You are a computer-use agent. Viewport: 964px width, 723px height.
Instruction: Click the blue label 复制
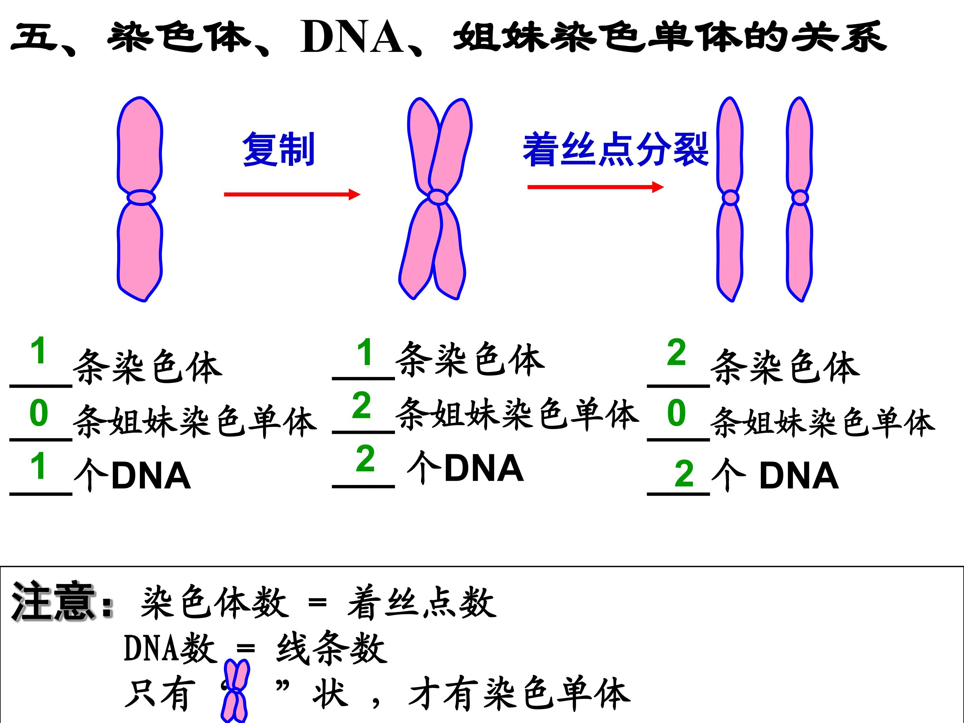[278, 150]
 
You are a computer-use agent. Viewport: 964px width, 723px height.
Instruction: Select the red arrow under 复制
[292, 194]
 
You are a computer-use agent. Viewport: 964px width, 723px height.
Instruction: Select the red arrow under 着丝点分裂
[596, 187]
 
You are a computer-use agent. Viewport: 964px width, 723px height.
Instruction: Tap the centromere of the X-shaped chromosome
[437, 197]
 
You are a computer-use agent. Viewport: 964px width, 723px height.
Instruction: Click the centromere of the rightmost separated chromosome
[800, 198]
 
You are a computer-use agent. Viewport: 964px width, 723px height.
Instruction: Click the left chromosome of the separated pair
[730, 199]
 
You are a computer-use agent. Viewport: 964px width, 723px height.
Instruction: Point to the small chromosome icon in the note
[235, 691]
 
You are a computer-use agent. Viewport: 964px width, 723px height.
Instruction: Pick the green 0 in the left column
[39, 413]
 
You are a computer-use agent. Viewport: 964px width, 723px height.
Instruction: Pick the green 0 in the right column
[676, 413]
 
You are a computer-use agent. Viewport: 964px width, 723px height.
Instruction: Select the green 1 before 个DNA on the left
[39, 466]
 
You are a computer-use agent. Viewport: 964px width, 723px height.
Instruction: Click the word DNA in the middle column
[484, 468]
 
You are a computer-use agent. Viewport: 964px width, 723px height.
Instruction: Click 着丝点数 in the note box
[422, 603]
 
